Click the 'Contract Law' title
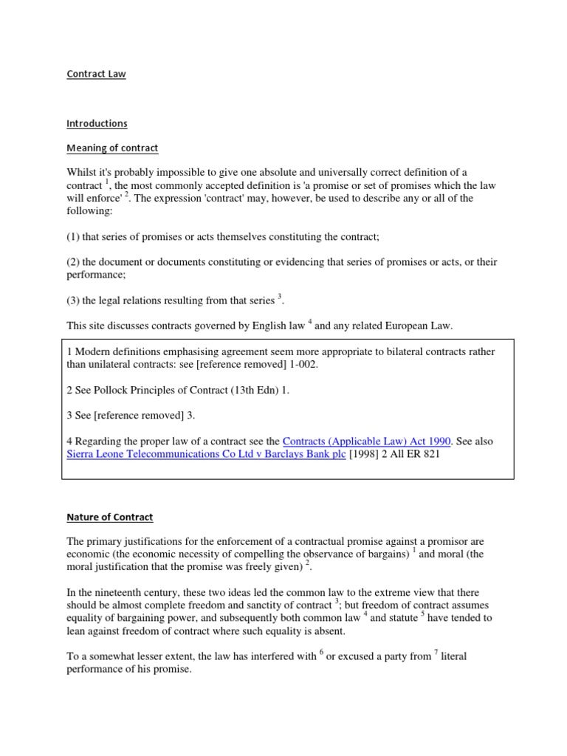point(96,74)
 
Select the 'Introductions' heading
point(97,123)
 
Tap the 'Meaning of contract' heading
point(112,148)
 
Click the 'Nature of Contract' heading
point(109,517)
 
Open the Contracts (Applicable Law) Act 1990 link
point(366,441)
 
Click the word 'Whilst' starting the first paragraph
point(81,172)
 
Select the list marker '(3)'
point(74,300)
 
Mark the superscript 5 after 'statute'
point(424,614)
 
